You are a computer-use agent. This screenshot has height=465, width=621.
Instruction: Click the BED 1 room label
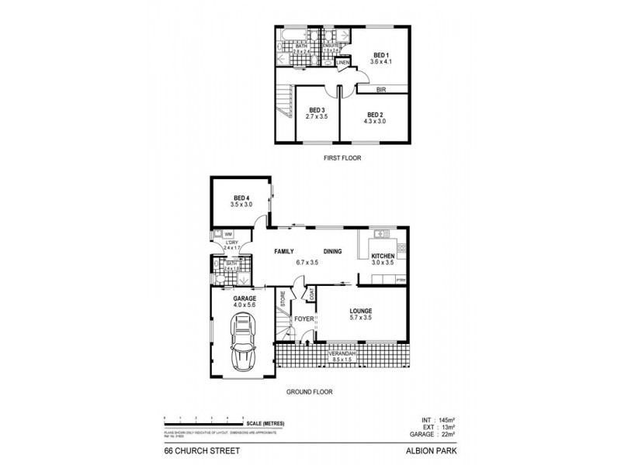(x=380, y=56)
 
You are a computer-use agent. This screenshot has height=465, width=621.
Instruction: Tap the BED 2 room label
(x=376, y=115)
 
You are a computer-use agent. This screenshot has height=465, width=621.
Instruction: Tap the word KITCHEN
(x=383, y=257)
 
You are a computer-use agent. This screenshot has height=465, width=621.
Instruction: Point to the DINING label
(x=332, y=251)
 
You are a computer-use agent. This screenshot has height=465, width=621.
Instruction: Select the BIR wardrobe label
(x=380, y=90)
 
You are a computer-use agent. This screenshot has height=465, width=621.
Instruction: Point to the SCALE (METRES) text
(x=265, y=423)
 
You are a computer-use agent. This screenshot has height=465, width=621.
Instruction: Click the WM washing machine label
(x=229, y=233)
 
